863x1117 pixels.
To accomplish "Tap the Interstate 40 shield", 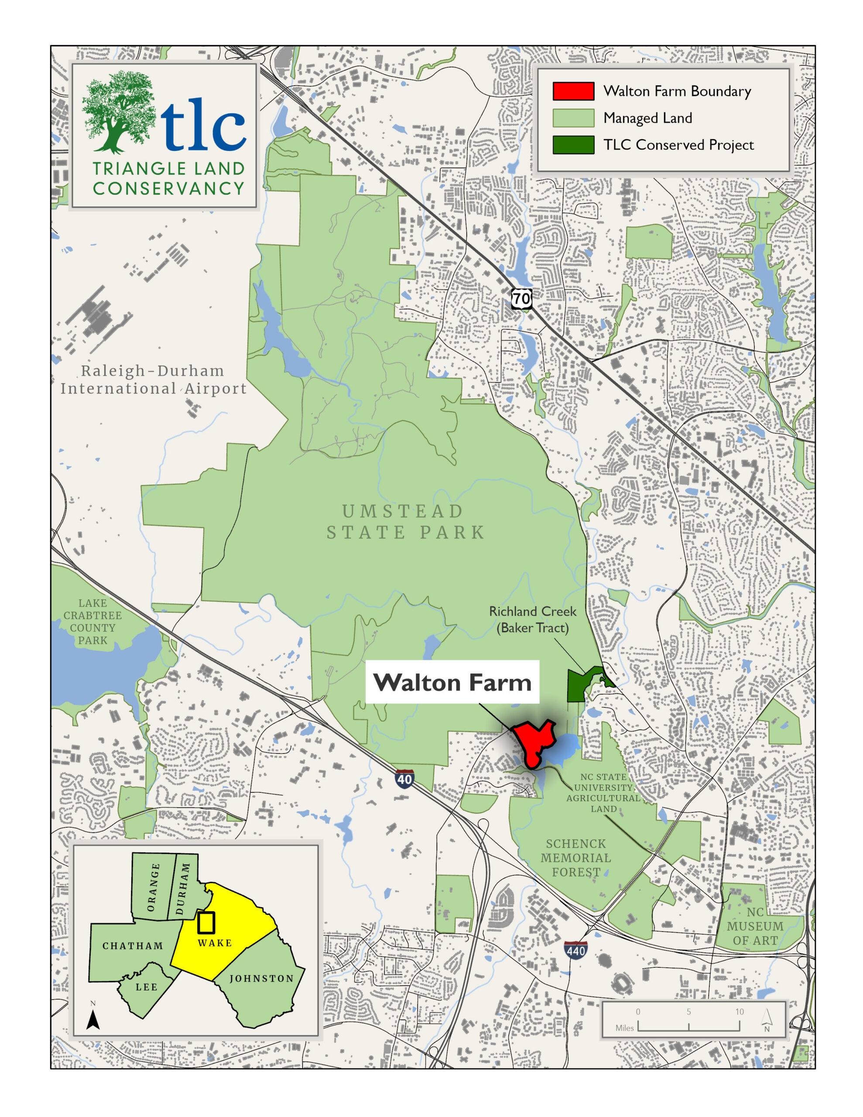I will [404, 779].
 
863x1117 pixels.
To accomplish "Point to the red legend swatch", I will [573, 91].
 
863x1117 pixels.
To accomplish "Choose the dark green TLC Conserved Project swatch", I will [573, 145].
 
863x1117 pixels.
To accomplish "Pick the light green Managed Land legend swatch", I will [573, 118].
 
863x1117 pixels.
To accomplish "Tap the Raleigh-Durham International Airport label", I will [153, 380].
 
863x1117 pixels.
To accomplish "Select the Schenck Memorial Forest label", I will [575, 858].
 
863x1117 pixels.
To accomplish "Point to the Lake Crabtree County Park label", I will [92, 621].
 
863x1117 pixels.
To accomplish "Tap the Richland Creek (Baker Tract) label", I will [533, 619].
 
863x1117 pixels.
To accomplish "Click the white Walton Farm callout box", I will [452, 682].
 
